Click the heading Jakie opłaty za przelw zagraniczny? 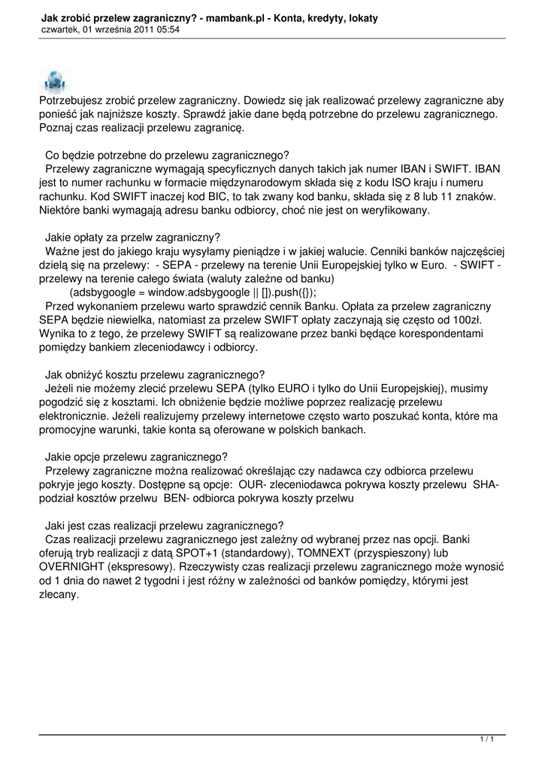(132, 237)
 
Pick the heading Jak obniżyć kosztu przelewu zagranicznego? (155, 374)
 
